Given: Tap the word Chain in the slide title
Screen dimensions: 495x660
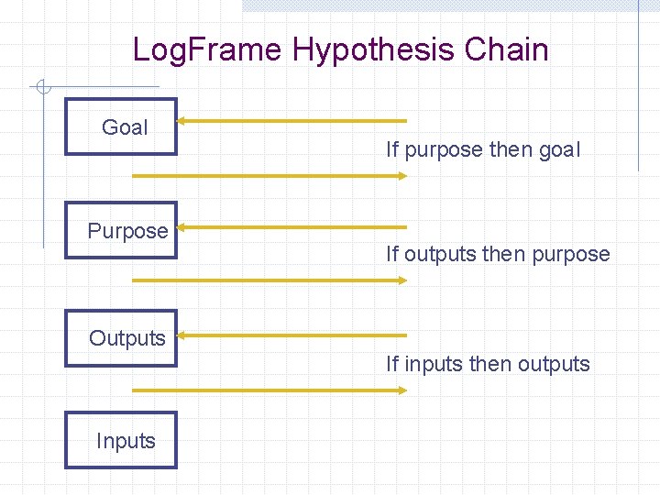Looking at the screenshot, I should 506,49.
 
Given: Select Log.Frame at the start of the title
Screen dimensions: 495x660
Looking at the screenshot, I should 207,49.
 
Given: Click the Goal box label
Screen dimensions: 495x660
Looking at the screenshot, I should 125,127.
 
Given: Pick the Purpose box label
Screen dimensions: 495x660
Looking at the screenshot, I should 127,231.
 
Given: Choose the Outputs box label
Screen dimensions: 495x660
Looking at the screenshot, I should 127,338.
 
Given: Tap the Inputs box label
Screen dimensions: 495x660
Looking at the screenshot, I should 126,441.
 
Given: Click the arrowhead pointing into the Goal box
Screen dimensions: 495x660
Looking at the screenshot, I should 182,120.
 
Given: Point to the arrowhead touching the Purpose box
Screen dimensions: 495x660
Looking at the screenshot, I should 182,226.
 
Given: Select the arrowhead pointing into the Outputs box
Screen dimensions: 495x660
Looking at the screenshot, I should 182,335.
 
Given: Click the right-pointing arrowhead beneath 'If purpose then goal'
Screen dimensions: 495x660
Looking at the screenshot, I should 401,175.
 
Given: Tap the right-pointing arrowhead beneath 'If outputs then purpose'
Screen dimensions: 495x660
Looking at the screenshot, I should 401,280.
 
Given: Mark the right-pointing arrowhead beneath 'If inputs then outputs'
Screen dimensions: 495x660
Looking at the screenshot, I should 401,390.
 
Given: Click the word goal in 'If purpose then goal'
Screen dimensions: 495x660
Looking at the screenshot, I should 559,149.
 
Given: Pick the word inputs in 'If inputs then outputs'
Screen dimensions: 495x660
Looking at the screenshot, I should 434,364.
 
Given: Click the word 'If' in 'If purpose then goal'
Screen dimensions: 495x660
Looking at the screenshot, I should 392,149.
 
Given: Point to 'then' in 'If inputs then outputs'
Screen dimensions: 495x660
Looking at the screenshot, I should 490,364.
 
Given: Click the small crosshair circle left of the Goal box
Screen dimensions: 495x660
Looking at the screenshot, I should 40,88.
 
